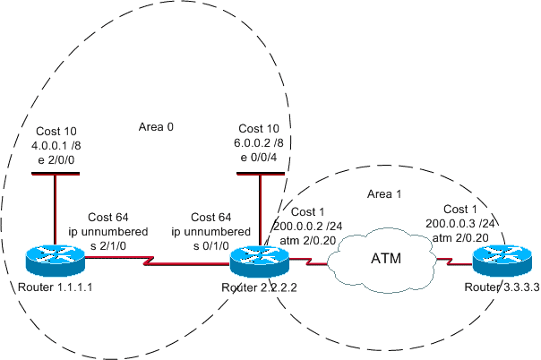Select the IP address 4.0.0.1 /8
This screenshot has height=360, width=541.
(x=56, y=143)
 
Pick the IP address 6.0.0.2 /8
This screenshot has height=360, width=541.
(x=261, y=143)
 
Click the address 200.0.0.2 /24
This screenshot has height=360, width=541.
(x=303, y=230)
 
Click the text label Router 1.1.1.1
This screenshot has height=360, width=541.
(x=56, y=288)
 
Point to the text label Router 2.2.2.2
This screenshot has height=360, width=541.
(x=258, y=288)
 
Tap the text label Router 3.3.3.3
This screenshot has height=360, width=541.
(x=499, y=288)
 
